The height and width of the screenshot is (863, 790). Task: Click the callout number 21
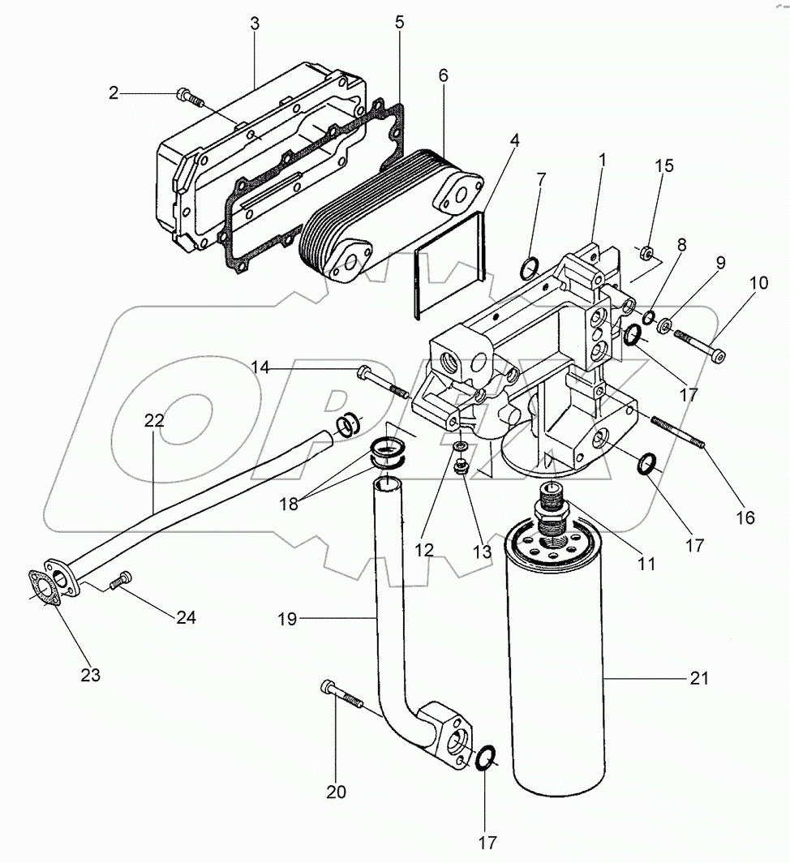click(x=699, y=678)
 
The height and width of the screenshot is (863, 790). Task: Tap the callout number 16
click(x=745, y=517)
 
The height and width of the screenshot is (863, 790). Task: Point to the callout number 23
click(x=90, y=675)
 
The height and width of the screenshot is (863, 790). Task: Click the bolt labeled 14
click(x=381, y=380)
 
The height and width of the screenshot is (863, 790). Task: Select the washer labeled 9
click(x=663, y=326)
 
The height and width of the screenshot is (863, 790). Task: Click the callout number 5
click(x=399, y=22)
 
